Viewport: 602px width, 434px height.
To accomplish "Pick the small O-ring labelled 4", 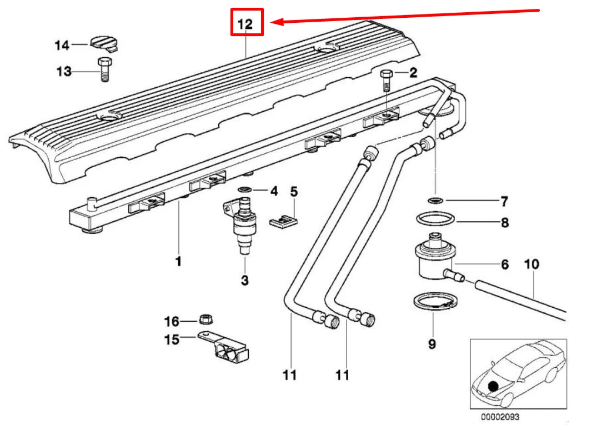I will point(244,191).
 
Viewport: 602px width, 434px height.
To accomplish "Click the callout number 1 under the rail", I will point(178,261).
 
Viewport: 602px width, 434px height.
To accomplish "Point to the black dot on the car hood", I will point(492,386).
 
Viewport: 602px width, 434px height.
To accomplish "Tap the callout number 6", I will point(504,265).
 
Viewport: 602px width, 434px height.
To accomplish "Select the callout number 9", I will point(432,344).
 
